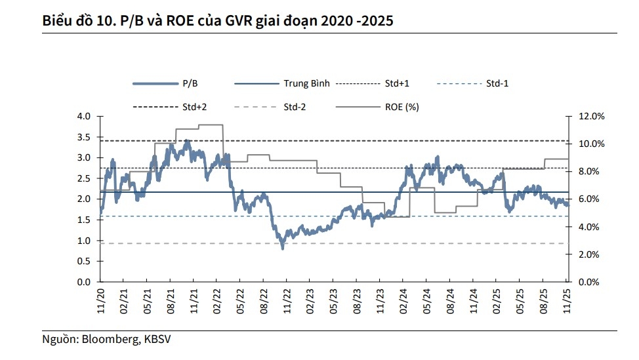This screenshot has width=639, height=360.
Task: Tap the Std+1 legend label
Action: [397, 84]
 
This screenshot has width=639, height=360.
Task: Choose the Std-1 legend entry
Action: [497, 84]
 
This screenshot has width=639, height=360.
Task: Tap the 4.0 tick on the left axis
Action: [83, 116]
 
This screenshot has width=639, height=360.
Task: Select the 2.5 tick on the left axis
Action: [83, 178]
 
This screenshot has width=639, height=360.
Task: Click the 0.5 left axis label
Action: [83, 261]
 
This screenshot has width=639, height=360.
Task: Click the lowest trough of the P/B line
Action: [283, 248]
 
